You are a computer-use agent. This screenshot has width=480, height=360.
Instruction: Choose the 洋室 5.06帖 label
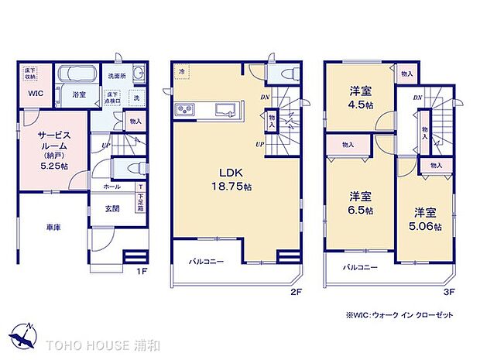(x=425, y=219)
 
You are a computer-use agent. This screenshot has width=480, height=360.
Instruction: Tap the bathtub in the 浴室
(x=77, y=75)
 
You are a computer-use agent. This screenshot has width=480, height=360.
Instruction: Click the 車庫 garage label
(x=53, y=228)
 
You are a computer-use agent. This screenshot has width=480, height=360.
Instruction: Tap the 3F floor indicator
(x=447, y=291)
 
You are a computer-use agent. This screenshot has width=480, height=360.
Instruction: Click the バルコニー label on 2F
(x=207, y=262)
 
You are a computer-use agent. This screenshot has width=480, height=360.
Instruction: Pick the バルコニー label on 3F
(x=360, y=267)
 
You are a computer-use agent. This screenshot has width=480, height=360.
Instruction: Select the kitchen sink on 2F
(x=227, y=109)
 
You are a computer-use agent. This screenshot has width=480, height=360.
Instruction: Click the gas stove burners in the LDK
(x=186, y=109)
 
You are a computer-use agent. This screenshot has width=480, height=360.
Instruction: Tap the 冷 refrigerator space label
(x=182, y=72)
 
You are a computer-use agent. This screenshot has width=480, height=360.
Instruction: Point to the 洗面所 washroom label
(x=116, y=76)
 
